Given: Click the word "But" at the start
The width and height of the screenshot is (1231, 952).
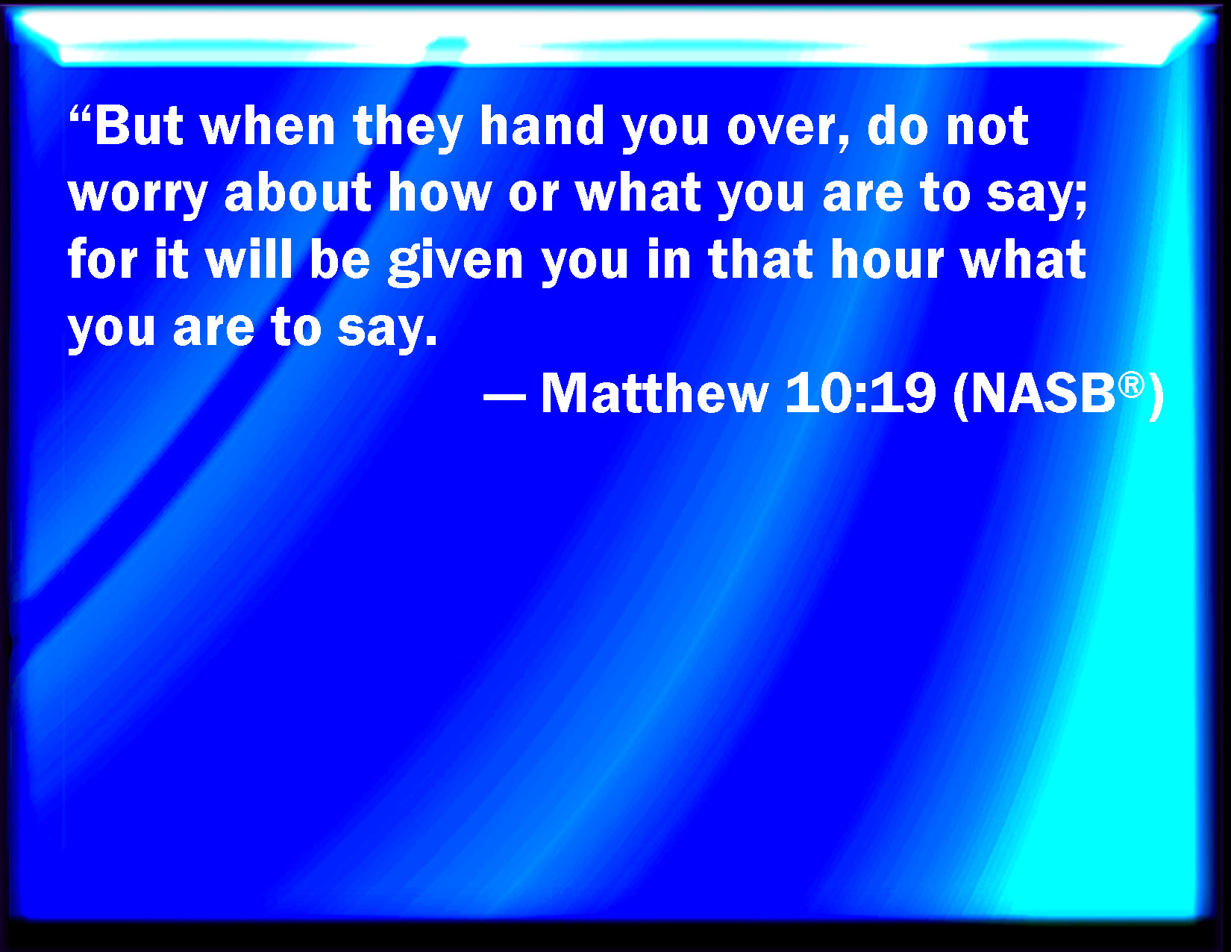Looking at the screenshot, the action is pos(140,125).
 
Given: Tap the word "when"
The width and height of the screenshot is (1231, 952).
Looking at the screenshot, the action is pos(269,125).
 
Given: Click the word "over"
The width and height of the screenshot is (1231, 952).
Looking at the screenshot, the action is pos(787,131).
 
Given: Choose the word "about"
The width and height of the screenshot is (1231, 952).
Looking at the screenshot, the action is pos(298,192).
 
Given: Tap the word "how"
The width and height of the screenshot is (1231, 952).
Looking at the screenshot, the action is pos(440,192).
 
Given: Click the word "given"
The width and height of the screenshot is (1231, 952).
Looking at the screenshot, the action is pos(456,261).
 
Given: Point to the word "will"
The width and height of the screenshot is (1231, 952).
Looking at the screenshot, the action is pos(249,258).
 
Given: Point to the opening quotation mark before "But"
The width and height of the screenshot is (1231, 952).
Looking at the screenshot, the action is pos(81,115).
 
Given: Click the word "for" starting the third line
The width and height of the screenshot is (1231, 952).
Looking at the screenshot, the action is pos(102,258).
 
